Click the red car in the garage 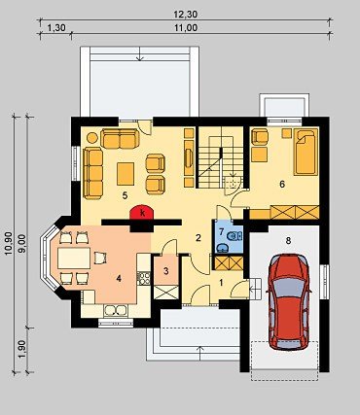[288, 302]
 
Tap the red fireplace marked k [142, 212]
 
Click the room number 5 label [125, 195]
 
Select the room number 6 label [282, 184]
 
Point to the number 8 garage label [288, 240]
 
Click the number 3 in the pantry [166, 271]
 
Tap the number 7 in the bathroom [222, 232]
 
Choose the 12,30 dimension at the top [186, 15]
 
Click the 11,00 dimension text [186, 28]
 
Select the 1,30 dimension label [56, 28]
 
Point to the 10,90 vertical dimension [9, 243]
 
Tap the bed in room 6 [306, 152]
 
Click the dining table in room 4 [74, 259]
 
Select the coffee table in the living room [126, 174]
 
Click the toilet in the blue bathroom [235, 236]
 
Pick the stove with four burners [143, 278]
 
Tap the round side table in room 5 [92, 138]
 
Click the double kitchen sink [116, 310]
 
